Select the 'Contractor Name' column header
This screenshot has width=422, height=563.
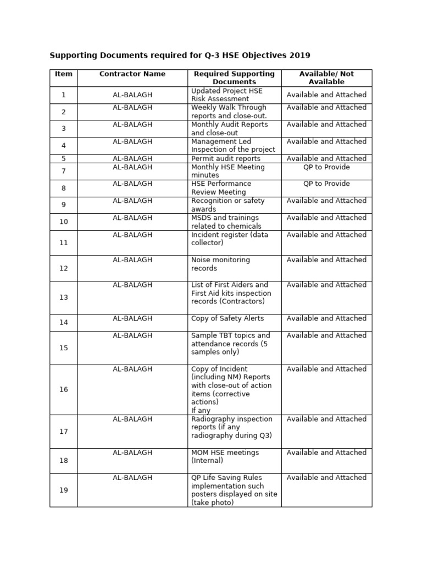132,74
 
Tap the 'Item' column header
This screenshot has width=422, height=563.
64,74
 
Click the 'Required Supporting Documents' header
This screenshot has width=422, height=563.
234,78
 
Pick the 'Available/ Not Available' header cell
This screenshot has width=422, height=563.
326,78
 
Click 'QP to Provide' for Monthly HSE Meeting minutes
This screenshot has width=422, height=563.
326,167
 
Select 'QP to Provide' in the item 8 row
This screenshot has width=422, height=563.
326,184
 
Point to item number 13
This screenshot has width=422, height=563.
64,297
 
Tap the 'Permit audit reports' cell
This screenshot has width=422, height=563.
226,158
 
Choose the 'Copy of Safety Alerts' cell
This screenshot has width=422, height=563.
227,318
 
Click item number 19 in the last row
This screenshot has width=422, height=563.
64,490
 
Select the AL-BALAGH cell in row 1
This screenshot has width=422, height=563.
132,95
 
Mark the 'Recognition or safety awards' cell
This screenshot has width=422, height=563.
227,205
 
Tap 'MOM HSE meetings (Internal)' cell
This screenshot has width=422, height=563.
225,456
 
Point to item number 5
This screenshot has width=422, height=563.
64,158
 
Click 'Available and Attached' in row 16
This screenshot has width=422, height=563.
326,369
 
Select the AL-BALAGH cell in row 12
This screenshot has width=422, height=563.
132,260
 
